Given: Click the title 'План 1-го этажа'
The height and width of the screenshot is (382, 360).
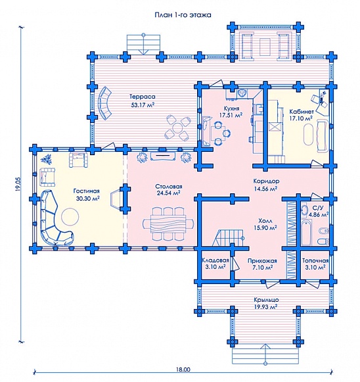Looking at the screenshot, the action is [183, 15].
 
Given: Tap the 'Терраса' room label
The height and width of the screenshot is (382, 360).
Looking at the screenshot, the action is [143, 97].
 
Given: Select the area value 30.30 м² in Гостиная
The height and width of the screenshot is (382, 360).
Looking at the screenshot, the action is [87, 199].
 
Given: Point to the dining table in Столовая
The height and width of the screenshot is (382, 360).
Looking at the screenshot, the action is [168, 224].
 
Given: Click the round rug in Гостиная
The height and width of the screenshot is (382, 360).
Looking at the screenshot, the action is [70, 216].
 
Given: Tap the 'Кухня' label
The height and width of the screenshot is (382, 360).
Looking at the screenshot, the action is [231, 108].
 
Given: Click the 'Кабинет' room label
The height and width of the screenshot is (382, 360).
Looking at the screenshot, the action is [302, 112].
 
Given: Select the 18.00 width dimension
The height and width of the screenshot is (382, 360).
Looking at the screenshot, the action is [183, 370].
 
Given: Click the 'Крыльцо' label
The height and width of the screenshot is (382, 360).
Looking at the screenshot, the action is [266, 300].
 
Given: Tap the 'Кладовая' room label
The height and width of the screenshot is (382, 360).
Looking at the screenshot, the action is [215, 260].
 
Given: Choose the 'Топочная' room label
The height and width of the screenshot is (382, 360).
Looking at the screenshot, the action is [315, 260].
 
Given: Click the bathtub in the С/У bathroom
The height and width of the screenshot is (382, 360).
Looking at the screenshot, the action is [306, 232].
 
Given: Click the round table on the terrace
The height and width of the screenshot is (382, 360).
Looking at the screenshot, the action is [177, 128].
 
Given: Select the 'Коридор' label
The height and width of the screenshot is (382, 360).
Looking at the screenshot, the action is [266, 181].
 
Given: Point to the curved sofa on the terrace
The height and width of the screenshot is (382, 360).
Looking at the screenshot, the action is [104, 103].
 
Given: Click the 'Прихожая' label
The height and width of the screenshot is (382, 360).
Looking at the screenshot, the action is [262, 261].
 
